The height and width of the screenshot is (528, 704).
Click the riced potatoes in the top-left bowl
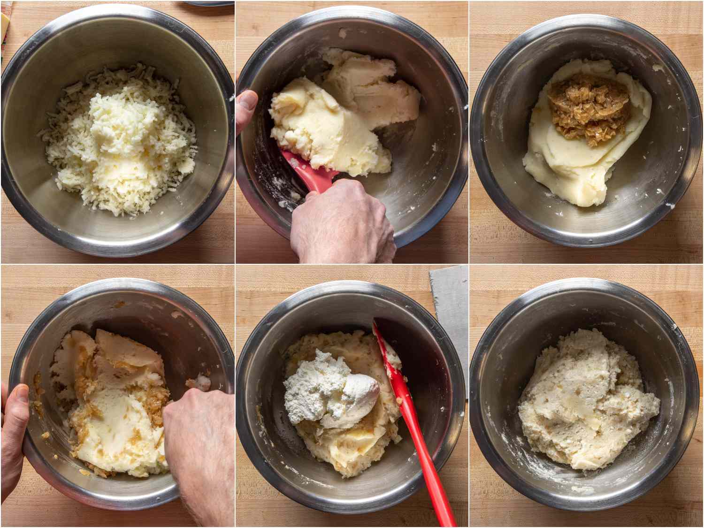click(x=120, y=141)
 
